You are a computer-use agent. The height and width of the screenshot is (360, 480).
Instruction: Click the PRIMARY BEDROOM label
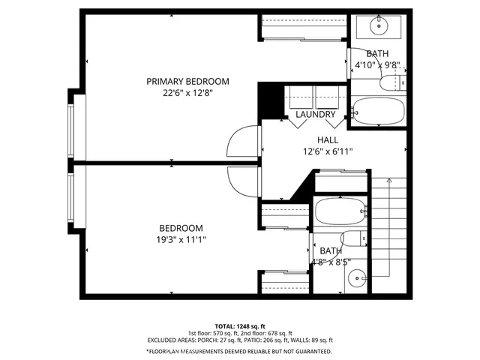coord(187,81)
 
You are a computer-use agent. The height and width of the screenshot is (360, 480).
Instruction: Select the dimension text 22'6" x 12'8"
coord(187,94)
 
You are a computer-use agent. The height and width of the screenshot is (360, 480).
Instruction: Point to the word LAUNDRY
coord(315,115)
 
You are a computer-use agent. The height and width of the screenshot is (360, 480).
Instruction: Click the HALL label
coord(327,139)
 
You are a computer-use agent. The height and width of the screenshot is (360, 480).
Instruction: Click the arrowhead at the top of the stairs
coord(389,181)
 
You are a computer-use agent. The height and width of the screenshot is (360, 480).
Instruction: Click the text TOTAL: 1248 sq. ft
coord(239,325)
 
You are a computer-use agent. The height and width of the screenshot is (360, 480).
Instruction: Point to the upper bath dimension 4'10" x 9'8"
coord(381,65)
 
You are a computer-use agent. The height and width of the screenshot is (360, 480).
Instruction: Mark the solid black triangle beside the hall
coord(303,187)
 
